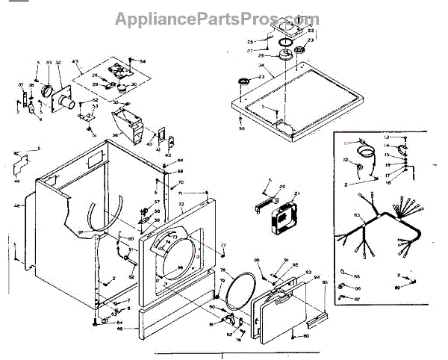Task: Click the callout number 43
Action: coord(75,61)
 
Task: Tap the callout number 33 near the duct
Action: coord(49,63)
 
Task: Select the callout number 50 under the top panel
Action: coord(241,129)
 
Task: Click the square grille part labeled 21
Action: coord(281,216)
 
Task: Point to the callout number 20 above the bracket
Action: coord(282,187)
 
